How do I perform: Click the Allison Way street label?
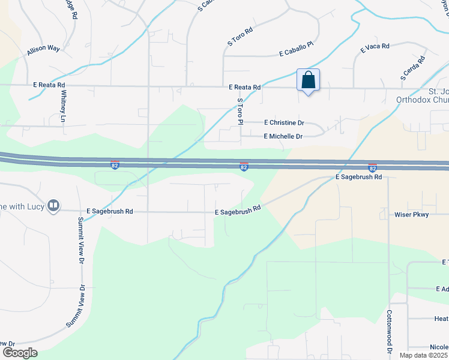point(43,51)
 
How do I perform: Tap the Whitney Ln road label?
point(62,109)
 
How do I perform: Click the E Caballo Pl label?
point(297,53)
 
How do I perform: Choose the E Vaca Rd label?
point(375,46)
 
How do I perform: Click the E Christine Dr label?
point(284,122)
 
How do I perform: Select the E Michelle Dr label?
point(283,136)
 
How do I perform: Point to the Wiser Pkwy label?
point(411,214)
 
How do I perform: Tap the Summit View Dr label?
point(80,240)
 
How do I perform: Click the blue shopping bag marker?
point(308,80)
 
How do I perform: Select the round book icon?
point(53,206)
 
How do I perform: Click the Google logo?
point(19,353)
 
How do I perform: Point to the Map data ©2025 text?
point(423,355)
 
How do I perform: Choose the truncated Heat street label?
point(441,319)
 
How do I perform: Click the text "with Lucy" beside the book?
point(23,206)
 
